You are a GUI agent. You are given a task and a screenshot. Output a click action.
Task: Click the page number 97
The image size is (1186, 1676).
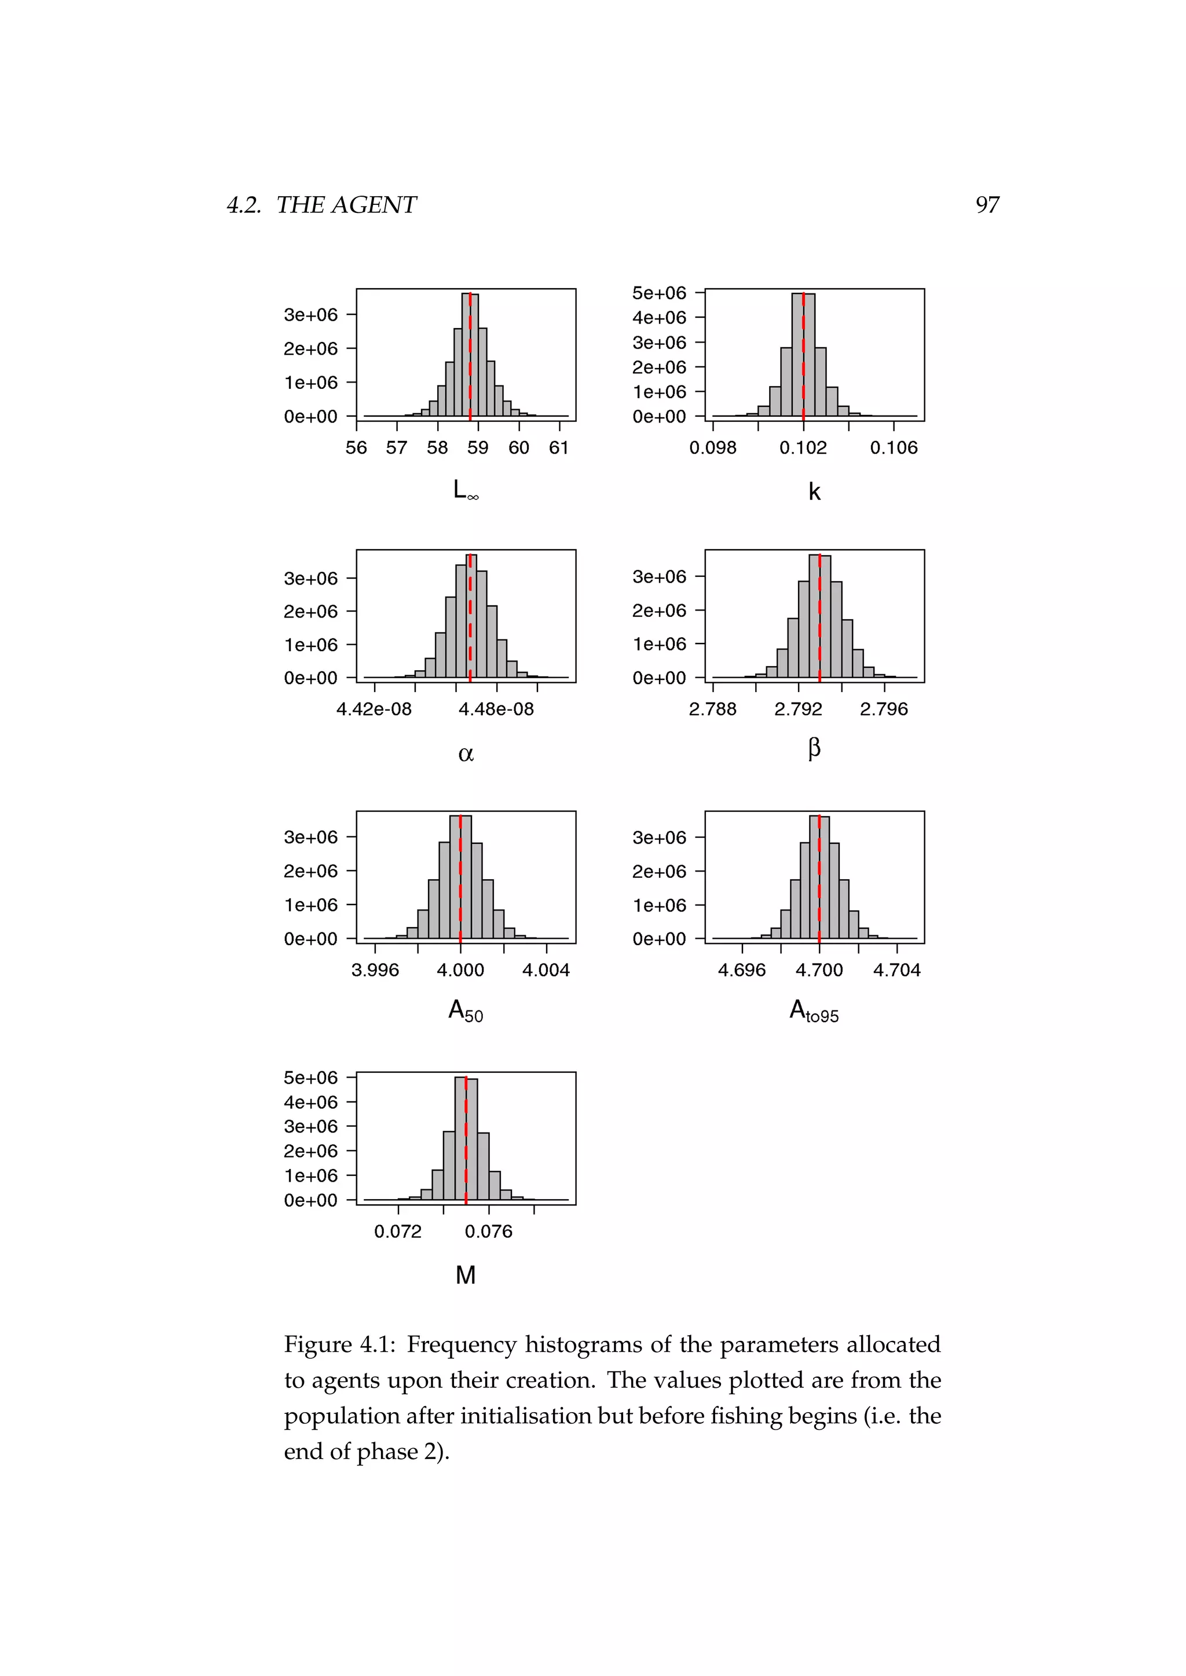tap(987, 205)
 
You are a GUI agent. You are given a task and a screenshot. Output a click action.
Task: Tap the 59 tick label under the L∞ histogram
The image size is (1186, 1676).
tap(478, 447)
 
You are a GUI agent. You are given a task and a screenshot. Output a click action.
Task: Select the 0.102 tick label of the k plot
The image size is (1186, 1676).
tap(803, 447)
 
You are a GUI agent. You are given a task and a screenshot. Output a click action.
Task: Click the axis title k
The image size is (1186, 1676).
tap(814, 492)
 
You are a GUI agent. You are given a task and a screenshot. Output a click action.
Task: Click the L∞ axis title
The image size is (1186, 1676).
tap(465, 490)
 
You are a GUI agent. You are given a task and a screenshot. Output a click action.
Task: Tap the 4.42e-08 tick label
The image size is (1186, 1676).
tap(374, 709)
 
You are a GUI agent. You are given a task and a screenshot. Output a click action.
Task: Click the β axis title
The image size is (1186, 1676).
tap(814, 748)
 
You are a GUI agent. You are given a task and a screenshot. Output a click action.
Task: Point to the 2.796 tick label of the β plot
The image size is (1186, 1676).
tap(884, 709)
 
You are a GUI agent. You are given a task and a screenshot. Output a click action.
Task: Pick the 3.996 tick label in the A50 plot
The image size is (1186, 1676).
tap(375, 970)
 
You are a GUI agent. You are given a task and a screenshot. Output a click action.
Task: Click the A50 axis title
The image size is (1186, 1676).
tap(465, 1011)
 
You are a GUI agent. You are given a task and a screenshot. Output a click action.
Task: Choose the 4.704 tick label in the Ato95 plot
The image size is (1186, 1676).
tap(897, 970)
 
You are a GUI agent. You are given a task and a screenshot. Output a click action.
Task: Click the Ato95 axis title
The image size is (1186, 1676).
tap(814, 1012)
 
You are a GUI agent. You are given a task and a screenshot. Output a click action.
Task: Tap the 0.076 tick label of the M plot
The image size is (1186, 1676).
tap(489, 1232)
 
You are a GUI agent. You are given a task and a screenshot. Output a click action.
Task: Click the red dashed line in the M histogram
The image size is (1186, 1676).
tap(466, 1146)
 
